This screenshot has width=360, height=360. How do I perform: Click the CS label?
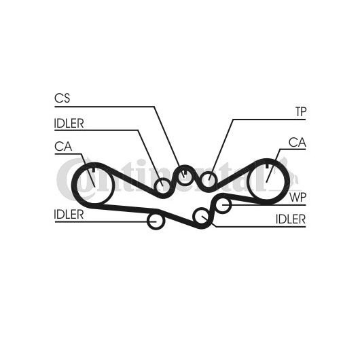[62, 98]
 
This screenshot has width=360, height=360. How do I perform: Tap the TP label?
[301, 112]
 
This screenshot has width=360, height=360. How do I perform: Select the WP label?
[298, 197]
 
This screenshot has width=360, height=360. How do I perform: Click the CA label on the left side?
[63, 147]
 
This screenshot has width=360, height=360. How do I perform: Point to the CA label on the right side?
[298, 143]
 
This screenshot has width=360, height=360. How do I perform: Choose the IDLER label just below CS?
[69, 124]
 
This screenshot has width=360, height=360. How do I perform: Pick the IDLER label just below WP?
[291, 219]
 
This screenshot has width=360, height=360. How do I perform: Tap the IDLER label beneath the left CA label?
[69, 215]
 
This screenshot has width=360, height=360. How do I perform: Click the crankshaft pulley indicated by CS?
[185, 176]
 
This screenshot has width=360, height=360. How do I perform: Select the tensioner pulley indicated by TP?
[209, 180]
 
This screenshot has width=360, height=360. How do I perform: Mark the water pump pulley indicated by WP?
[223, 204]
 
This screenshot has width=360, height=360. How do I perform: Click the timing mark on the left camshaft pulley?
[93, 169]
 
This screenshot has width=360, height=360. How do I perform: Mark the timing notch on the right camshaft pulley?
[267, 166]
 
